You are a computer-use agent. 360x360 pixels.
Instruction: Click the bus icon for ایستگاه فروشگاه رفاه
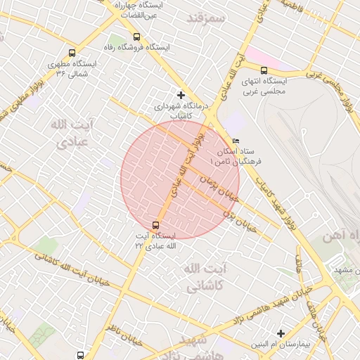136,37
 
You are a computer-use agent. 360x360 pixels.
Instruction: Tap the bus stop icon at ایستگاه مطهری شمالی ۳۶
72,53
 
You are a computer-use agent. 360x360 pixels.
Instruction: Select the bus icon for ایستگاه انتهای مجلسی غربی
264,70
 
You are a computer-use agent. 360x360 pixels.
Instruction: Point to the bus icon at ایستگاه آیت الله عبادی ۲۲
155,226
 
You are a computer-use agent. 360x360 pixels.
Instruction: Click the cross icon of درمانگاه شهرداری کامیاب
181,94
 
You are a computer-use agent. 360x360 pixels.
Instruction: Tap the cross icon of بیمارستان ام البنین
281,333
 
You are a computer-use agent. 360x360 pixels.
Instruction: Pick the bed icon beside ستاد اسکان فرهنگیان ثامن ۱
236,141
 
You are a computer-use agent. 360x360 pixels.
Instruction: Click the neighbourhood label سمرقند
205,17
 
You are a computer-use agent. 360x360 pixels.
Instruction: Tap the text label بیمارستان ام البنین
281,345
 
